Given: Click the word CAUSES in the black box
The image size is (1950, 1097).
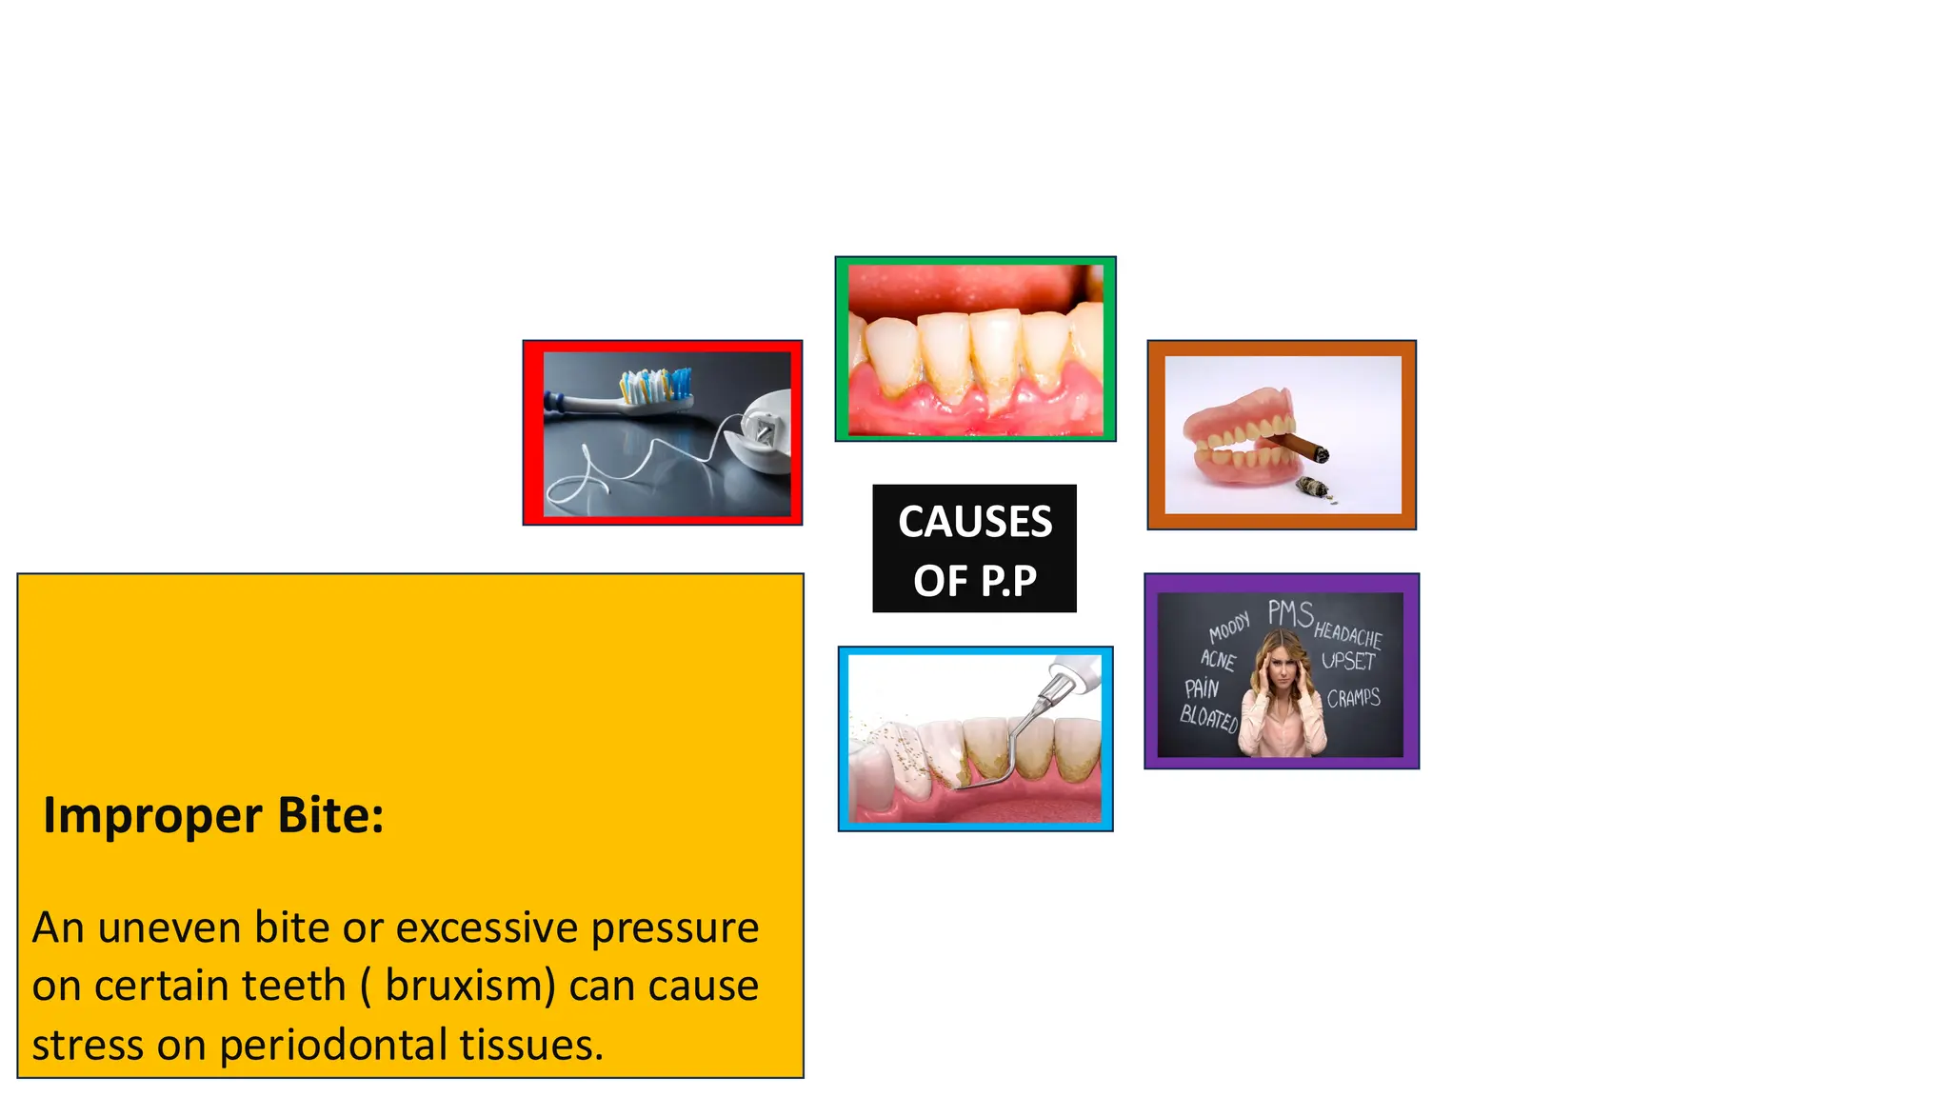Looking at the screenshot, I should click(x=975, y=522).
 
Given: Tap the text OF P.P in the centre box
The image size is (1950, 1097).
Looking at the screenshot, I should click(x=975, y=581).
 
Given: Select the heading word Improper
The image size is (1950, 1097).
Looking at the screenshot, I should click(x=151, y=816).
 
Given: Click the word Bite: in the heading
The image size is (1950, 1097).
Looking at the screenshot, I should click(x=330, y=816).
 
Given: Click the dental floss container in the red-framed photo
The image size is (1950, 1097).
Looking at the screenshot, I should click(x=766, y=432).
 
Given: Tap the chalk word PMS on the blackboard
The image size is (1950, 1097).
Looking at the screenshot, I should click(x=1290, y=614).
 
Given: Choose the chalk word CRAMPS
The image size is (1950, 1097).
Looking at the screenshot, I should click(x=1353, y=698).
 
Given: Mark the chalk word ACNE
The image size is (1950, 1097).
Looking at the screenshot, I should click(x=1218, y=659).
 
